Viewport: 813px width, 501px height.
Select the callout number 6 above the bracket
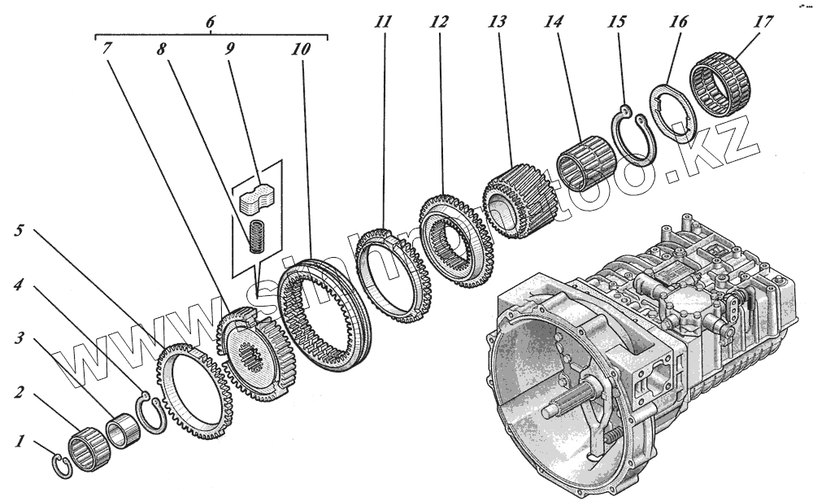point(210,21)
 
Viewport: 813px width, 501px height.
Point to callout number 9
point(230,48)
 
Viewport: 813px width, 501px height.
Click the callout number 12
point(440,23)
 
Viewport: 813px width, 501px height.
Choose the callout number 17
point(763,22)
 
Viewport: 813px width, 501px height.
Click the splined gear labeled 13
point(519,203)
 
